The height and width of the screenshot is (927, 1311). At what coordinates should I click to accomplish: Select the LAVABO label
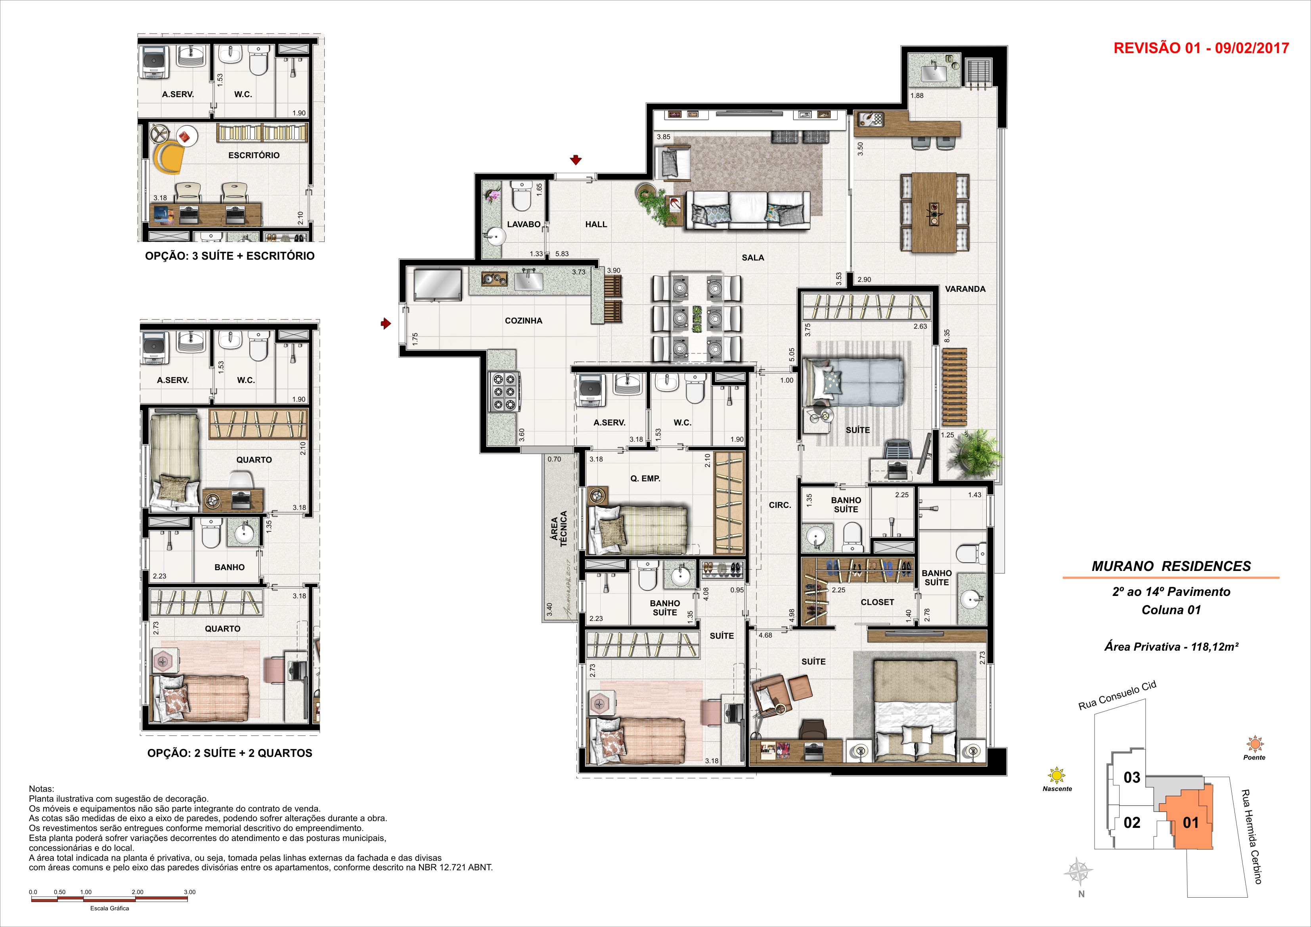coord(524,224)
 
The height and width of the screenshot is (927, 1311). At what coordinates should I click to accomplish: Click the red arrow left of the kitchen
coord(386,324)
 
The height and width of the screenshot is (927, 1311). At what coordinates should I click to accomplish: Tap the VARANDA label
coord(965,289)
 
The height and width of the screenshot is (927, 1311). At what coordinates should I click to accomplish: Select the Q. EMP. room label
coord(645,479)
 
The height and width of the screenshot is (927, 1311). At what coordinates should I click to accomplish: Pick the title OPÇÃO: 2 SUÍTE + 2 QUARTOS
coord(230,753)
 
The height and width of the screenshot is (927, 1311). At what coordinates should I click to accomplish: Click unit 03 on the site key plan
coord(1132,778)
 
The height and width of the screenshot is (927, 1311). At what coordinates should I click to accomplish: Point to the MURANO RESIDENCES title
coord(1171,567)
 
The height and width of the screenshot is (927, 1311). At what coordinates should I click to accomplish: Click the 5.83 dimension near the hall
coord(561,254)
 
